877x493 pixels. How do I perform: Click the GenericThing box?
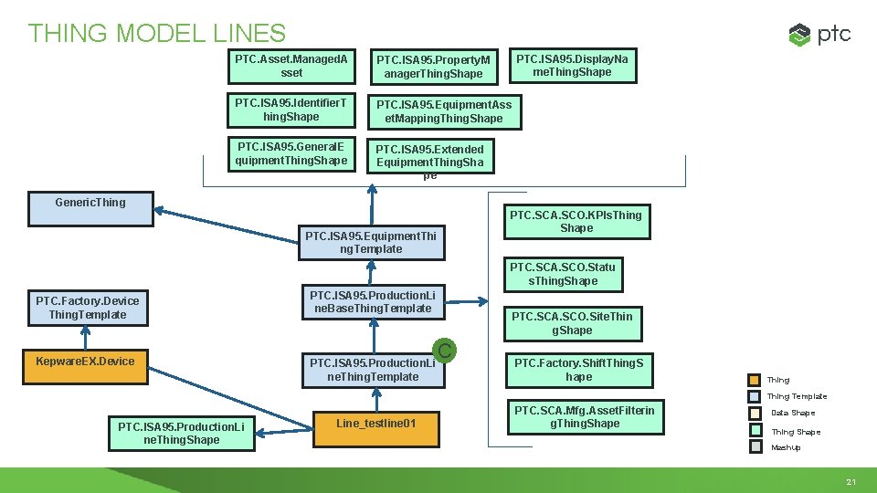click(x=90, y=208)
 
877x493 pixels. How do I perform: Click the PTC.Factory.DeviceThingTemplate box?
click(x=88, y=308)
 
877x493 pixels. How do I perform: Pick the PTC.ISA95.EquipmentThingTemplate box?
click(x=371, y=242)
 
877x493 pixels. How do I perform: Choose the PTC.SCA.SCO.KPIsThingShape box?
click(x=576, y=222)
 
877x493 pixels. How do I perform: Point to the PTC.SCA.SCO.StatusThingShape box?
click(x=563, y=274)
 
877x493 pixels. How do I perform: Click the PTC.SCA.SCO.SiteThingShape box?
click(x=572, y=323)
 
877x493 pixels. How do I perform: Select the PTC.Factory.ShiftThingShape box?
click(x=578, y=370)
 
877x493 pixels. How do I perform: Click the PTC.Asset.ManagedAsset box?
click(x=291, y=66)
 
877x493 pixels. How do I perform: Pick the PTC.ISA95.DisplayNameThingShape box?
click(x=572, y=66)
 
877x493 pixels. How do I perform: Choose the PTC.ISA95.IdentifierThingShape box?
click(x=291, y=110)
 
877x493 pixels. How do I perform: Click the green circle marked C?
click(x=444, y=350)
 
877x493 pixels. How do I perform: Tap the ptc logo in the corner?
click(x=819, y=35)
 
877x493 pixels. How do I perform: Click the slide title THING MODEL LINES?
click(x=156, y=34)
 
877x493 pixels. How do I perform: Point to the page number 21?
click(x=851, y=481)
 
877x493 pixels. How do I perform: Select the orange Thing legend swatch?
click(x=755, y=380)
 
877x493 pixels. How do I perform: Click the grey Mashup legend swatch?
click(x=755, y=447)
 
